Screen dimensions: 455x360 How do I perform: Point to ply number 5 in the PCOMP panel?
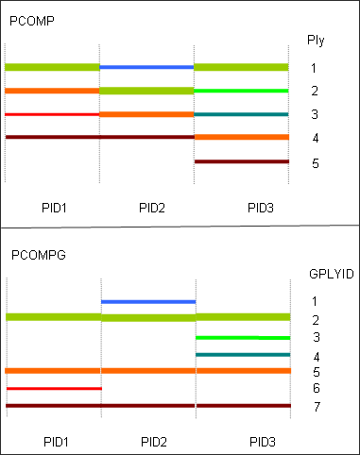coord(315,163)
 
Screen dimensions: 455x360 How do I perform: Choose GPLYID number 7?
coord(316,406)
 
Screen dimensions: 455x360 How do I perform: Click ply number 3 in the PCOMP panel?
coord(315,114)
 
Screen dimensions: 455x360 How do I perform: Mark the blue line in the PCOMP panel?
coord(146,67)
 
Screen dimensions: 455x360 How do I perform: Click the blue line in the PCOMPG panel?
coord(147,301)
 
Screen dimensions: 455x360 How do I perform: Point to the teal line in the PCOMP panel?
coord(241,114)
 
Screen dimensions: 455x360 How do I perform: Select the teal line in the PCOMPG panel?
coord(242,355)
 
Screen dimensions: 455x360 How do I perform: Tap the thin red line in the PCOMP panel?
coord(52,114)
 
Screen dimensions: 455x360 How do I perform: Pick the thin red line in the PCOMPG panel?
coord(53,388)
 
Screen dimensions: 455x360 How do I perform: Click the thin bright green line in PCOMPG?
coord(242,337)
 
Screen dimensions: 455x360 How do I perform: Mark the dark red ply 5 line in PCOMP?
coord(241,161)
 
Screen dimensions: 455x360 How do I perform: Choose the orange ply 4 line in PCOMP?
coord(241,138)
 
